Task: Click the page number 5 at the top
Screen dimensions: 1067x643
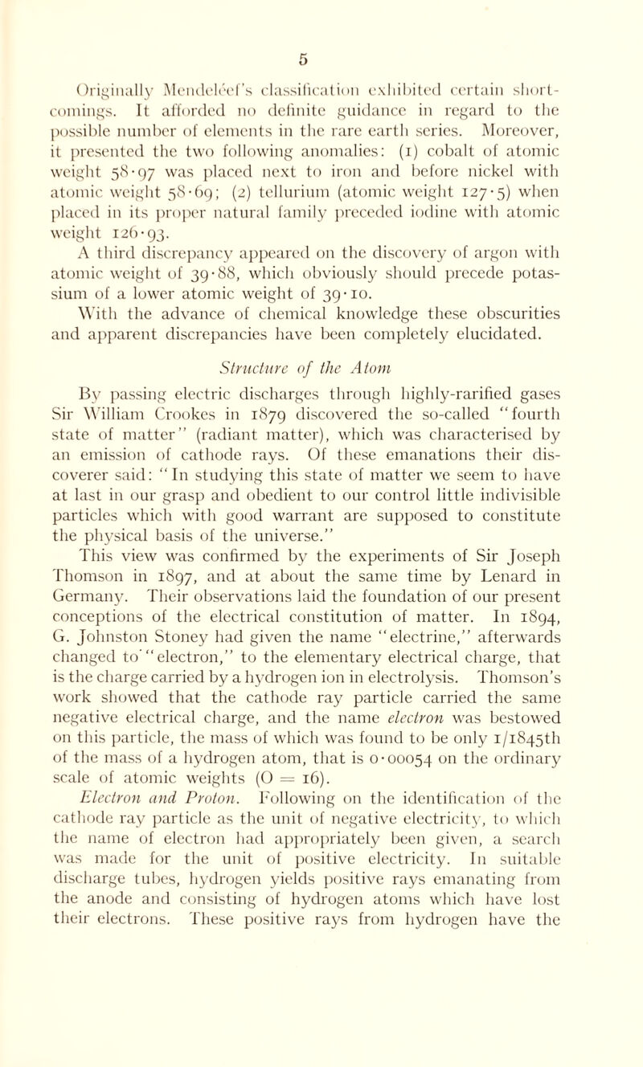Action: pyautogui.click(x=322, y=11)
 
